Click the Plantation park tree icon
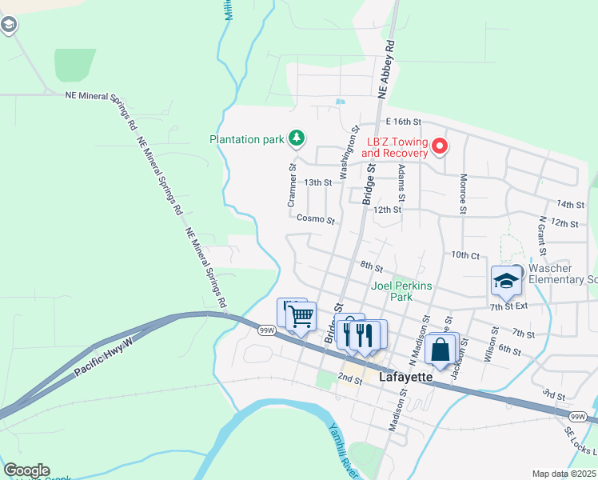click(x=297, y=138)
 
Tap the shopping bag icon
click(x=441, y=349)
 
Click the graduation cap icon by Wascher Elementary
click(x=506, y=281)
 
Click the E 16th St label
click(x=403, y=122)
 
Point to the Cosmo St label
click(x=314, y=218)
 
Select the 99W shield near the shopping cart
click(x=267, y=329)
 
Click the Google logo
click(x=26, y=470)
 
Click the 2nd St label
click(x=349, y=377)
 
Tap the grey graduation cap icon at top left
click(x=9, y=26)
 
